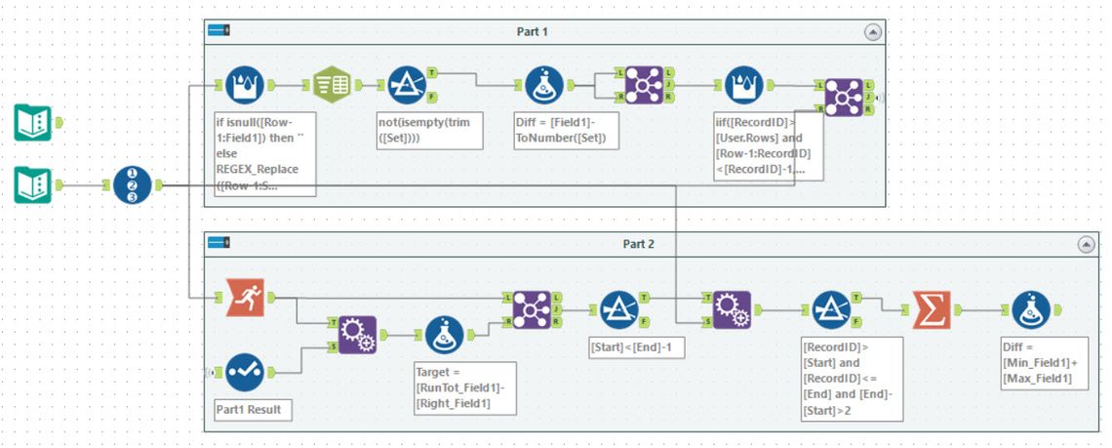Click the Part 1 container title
[532, 31]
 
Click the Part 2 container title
[638, 243]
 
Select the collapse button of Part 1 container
[872, 31]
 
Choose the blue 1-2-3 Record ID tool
[132, 184]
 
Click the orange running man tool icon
[245, 297]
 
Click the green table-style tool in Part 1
[332, 85]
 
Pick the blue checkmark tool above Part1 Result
[245, 372]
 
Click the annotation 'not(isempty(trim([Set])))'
[429, 131]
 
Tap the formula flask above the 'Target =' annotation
[445, 334]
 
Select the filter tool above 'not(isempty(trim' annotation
[407, 85]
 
